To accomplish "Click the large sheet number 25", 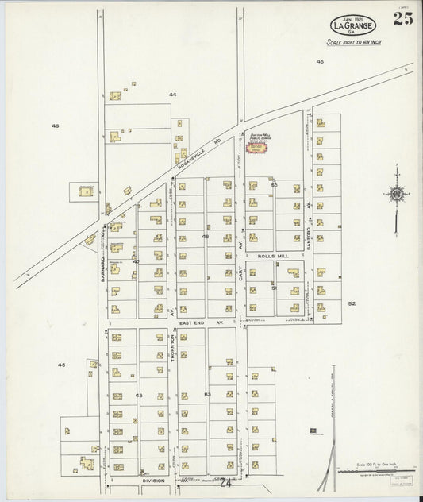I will click(402, 19).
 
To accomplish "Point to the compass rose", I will click(395, 193).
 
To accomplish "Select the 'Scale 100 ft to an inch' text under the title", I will click(353, 42).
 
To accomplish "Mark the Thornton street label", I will click(173, 349).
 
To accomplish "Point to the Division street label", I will click(153, 481).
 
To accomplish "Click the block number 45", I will click(320, 61).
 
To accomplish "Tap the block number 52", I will click(352, 303).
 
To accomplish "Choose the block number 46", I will click(61, 365).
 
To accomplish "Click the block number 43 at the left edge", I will click(55, 125).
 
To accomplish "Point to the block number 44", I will click(171, 95).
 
